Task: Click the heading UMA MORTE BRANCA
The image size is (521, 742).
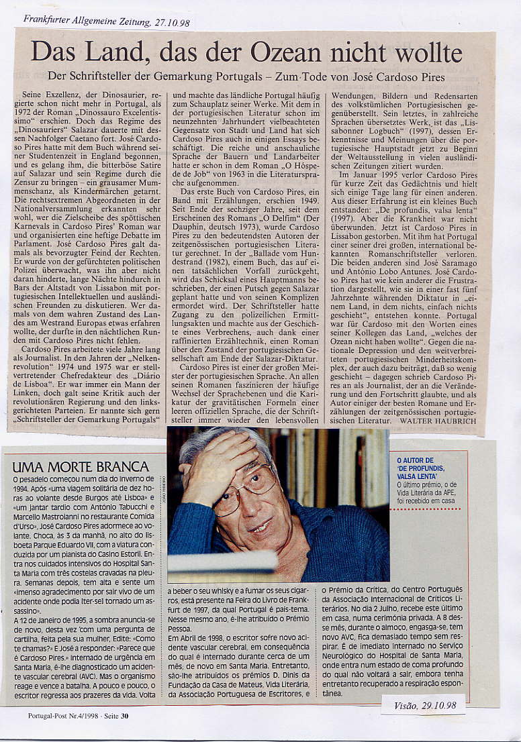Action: [81, 466]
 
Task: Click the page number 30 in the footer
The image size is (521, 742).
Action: [125, 715]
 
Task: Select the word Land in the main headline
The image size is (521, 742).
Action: [118, 52]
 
